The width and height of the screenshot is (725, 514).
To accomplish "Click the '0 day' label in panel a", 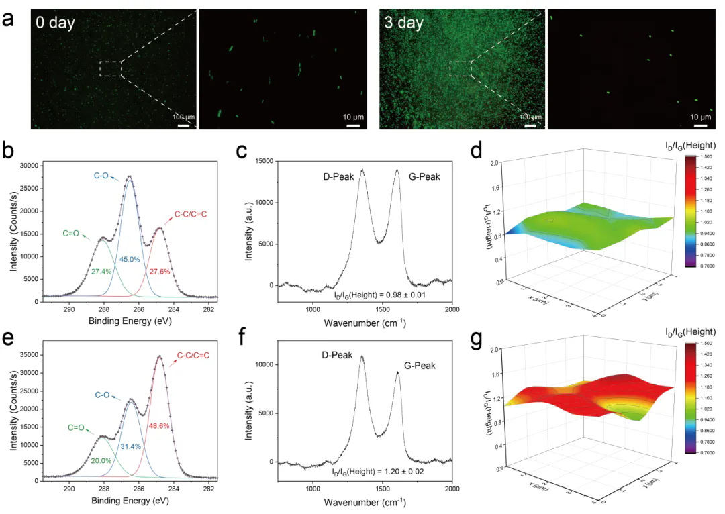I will click(55, 23).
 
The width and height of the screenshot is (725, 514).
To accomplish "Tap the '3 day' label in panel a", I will click(403, 23).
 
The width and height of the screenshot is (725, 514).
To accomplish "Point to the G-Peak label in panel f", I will click(420, 366).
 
